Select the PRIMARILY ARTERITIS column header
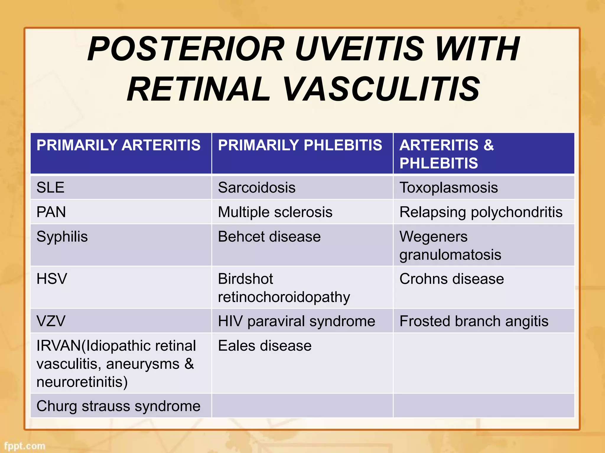click(x=118, y=145)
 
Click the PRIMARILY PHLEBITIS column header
click(x=300, y=145)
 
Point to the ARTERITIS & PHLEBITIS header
click(x=446, y=154)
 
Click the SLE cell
click(x=51, y=188)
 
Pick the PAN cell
click(x=51, y=212)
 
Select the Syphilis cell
click(x=62, y=237)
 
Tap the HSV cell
click(x=52, y=279)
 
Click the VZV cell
click(x=51, y=321)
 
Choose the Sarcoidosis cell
click(x=256, y=188)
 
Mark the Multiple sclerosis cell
click(x=275, y=212)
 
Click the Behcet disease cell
click(x=269, y=237)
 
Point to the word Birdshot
click(x=245, y=279)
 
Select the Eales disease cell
click(x=265, y=346)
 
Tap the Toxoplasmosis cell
click(x=448, y=188)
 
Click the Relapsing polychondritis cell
click(x=481, y=212)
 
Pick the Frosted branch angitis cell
click(x=474, y=321)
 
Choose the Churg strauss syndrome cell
click(x=118, y=406)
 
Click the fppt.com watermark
click(x=25, y=446)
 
